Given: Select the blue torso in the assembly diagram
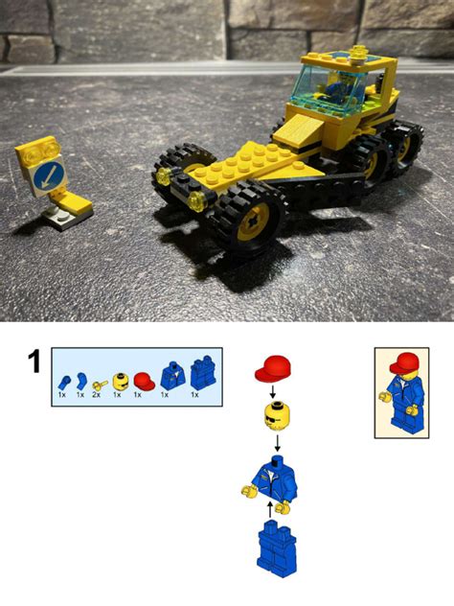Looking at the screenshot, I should pyautogui.click(x=274, y=477).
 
